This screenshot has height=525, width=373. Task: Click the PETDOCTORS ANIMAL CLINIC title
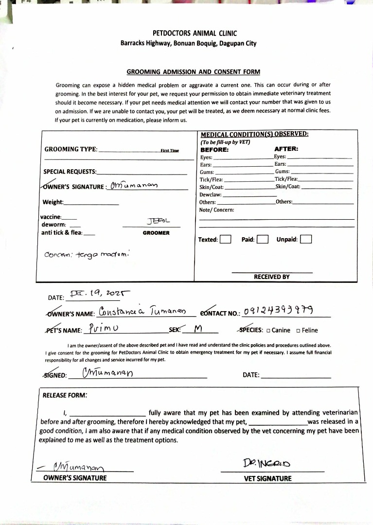(195, 34)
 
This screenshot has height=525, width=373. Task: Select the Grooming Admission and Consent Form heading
(193, 72)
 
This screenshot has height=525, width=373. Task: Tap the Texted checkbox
(225, 239)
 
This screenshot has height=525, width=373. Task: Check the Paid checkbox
(263, 239)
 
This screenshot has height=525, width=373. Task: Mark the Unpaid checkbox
(306, 239)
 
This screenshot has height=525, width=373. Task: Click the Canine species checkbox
(268, 331)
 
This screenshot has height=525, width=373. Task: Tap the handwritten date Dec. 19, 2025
(100, 294)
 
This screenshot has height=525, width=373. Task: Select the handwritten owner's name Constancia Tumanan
(142, 311)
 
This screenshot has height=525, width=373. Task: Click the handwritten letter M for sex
(197, 329)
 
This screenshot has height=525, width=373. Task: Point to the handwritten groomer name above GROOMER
(158, 221)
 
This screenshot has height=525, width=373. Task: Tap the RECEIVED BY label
(272, 277)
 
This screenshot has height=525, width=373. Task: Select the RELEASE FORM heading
(65, 395)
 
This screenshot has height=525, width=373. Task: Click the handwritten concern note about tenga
(87, 254)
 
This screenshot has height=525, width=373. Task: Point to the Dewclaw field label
(211, 194)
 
